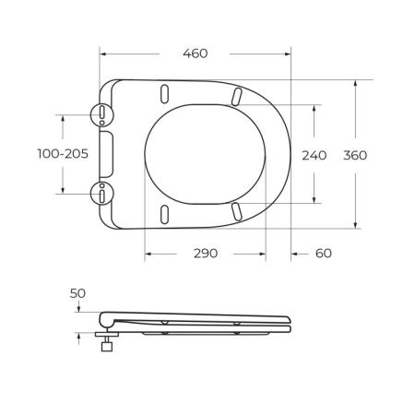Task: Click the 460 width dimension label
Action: pyautogui.click(x=195, y=53)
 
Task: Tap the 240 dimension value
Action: pyautogui.click(x=314, y=155)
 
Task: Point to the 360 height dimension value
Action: pyautogui.click(x=355, y=155)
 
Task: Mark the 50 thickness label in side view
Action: pyautogui.click(x=77, y=293)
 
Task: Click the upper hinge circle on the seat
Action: pyautogui.click(x=101, y=113)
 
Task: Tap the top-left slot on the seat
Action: pyautogui.click(x=165, y=95)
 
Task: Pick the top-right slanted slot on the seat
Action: pyautogui.click(x=237, y=96)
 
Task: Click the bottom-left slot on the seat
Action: pyautogui.click(x=165, y=212)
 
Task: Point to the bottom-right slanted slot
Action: pyautogui.click(x=237, y=212)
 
